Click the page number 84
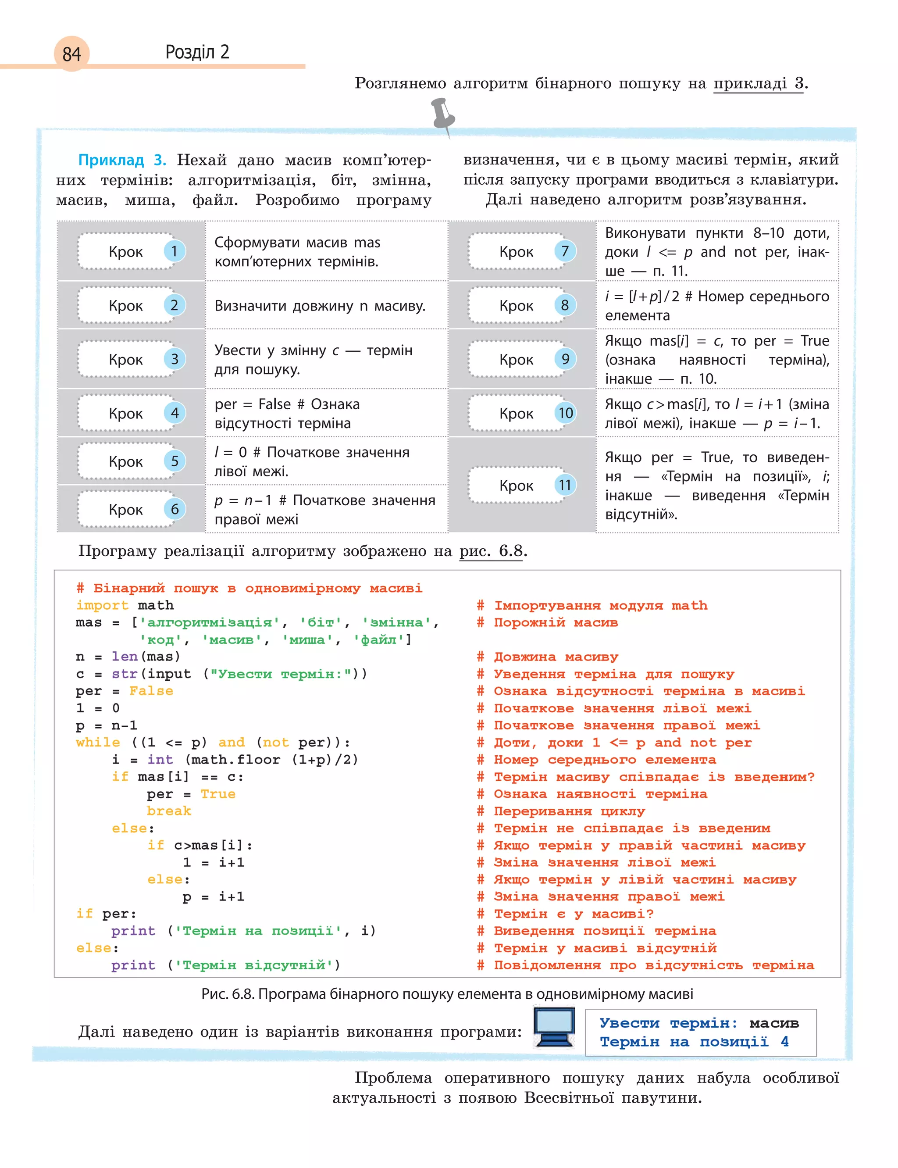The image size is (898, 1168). click(71, 54)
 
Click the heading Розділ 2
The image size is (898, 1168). click(197, 52)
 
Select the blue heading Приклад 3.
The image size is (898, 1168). click(122, 160)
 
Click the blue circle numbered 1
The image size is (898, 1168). click(174, 251)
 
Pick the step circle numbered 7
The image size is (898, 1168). click(564, 251)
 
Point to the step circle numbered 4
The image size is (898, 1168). click(174, 413)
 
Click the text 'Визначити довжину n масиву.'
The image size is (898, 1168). click(320, 306)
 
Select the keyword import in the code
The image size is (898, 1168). click(102, 605)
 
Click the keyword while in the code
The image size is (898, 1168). click(98, 742)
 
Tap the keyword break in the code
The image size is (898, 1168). click(168, 811)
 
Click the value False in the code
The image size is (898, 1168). click(151, 691)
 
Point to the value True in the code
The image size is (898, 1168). click(217, 793)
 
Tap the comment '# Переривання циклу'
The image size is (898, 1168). click(561, 811)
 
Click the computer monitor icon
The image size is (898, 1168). click(554, 1027)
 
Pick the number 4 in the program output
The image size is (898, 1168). click(784, 1041)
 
